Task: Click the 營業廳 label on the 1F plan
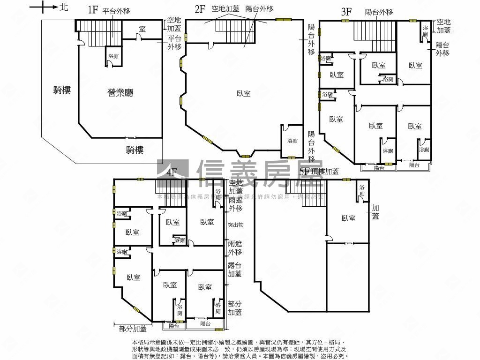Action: [120, 93]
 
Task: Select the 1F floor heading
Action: [92, 10]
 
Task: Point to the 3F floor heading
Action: [346, 12]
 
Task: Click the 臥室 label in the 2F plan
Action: [243, 94]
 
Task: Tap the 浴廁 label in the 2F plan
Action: [292, 141]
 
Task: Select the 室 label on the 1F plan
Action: [142, 29]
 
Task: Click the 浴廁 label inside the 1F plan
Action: [113, 56]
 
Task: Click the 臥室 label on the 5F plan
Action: [348, 218]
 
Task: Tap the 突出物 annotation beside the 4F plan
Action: [235, 225]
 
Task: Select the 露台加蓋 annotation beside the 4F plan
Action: [235, 270]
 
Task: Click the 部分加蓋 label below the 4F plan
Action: [133, 329]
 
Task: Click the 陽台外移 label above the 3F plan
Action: [379, 12]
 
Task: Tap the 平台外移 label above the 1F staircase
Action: [116, 10]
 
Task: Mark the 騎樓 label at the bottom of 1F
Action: [135, 150]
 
